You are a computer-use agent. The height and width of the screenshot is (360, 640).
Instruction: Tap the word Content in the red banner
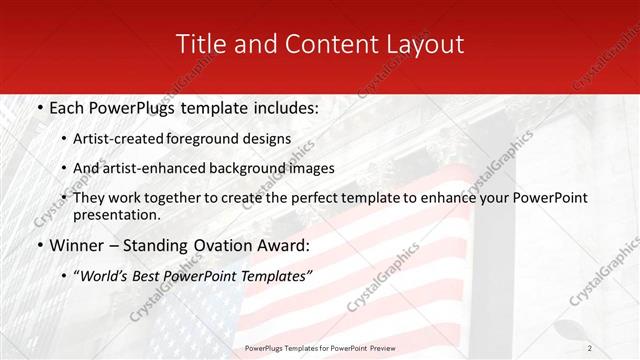pos(321,44)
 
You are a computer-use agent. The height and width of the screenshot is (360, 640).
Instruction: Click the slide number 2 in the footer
pos(590,348)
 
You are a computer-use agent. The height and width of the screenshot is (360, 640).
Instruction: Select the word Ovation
pos(225,244)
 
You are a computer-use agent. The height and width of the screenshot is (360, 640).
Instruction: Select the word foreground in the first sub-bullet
pos(210,139)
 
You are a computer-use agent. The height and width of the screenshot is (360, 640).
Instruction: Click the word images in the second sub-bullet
pos(310,169)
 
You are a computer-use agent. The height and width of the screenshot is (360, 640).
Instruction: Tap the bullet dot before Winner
pos(38,244)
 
